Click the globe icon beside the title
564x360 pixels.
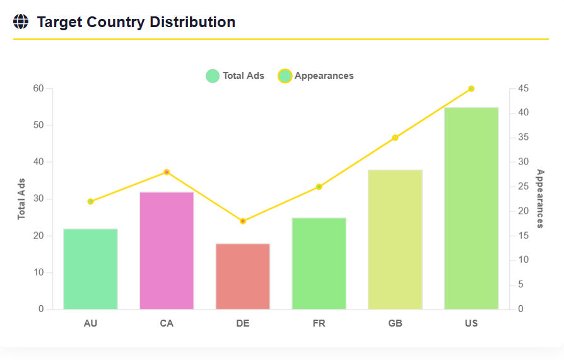point(21,22)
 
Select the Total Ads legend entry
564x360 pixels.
point(235,76)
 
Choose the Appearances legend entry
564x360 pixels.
point(316,76)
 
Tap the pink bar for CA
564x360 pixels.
point(167,250)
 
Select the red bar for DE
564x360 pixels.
point(243,276)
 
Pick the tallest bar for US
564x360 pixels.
point(471,208)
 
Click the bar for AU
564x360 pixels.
point(90,269)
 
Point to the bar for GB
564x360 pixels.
point(395,240)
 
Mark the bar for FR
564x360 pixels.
point(319,264)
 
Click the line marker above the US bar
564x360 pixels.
point(471,89)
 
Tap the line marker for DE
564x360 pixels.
point(243,221)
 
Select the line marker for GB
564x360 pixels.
point(395,137)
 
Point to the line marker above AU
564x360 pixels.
point(90,202)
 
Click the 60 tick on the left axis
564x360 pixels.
point(38,88)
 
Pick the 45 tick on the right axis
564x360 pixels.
point(522,88)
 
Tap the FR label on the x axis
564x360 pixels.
point(319,323)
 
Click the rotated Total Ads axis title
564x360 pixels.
point(21,199)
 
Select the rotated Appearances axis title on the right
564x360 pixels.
point(540,199)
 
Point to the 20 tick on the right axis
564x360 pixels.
point(522,211)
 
